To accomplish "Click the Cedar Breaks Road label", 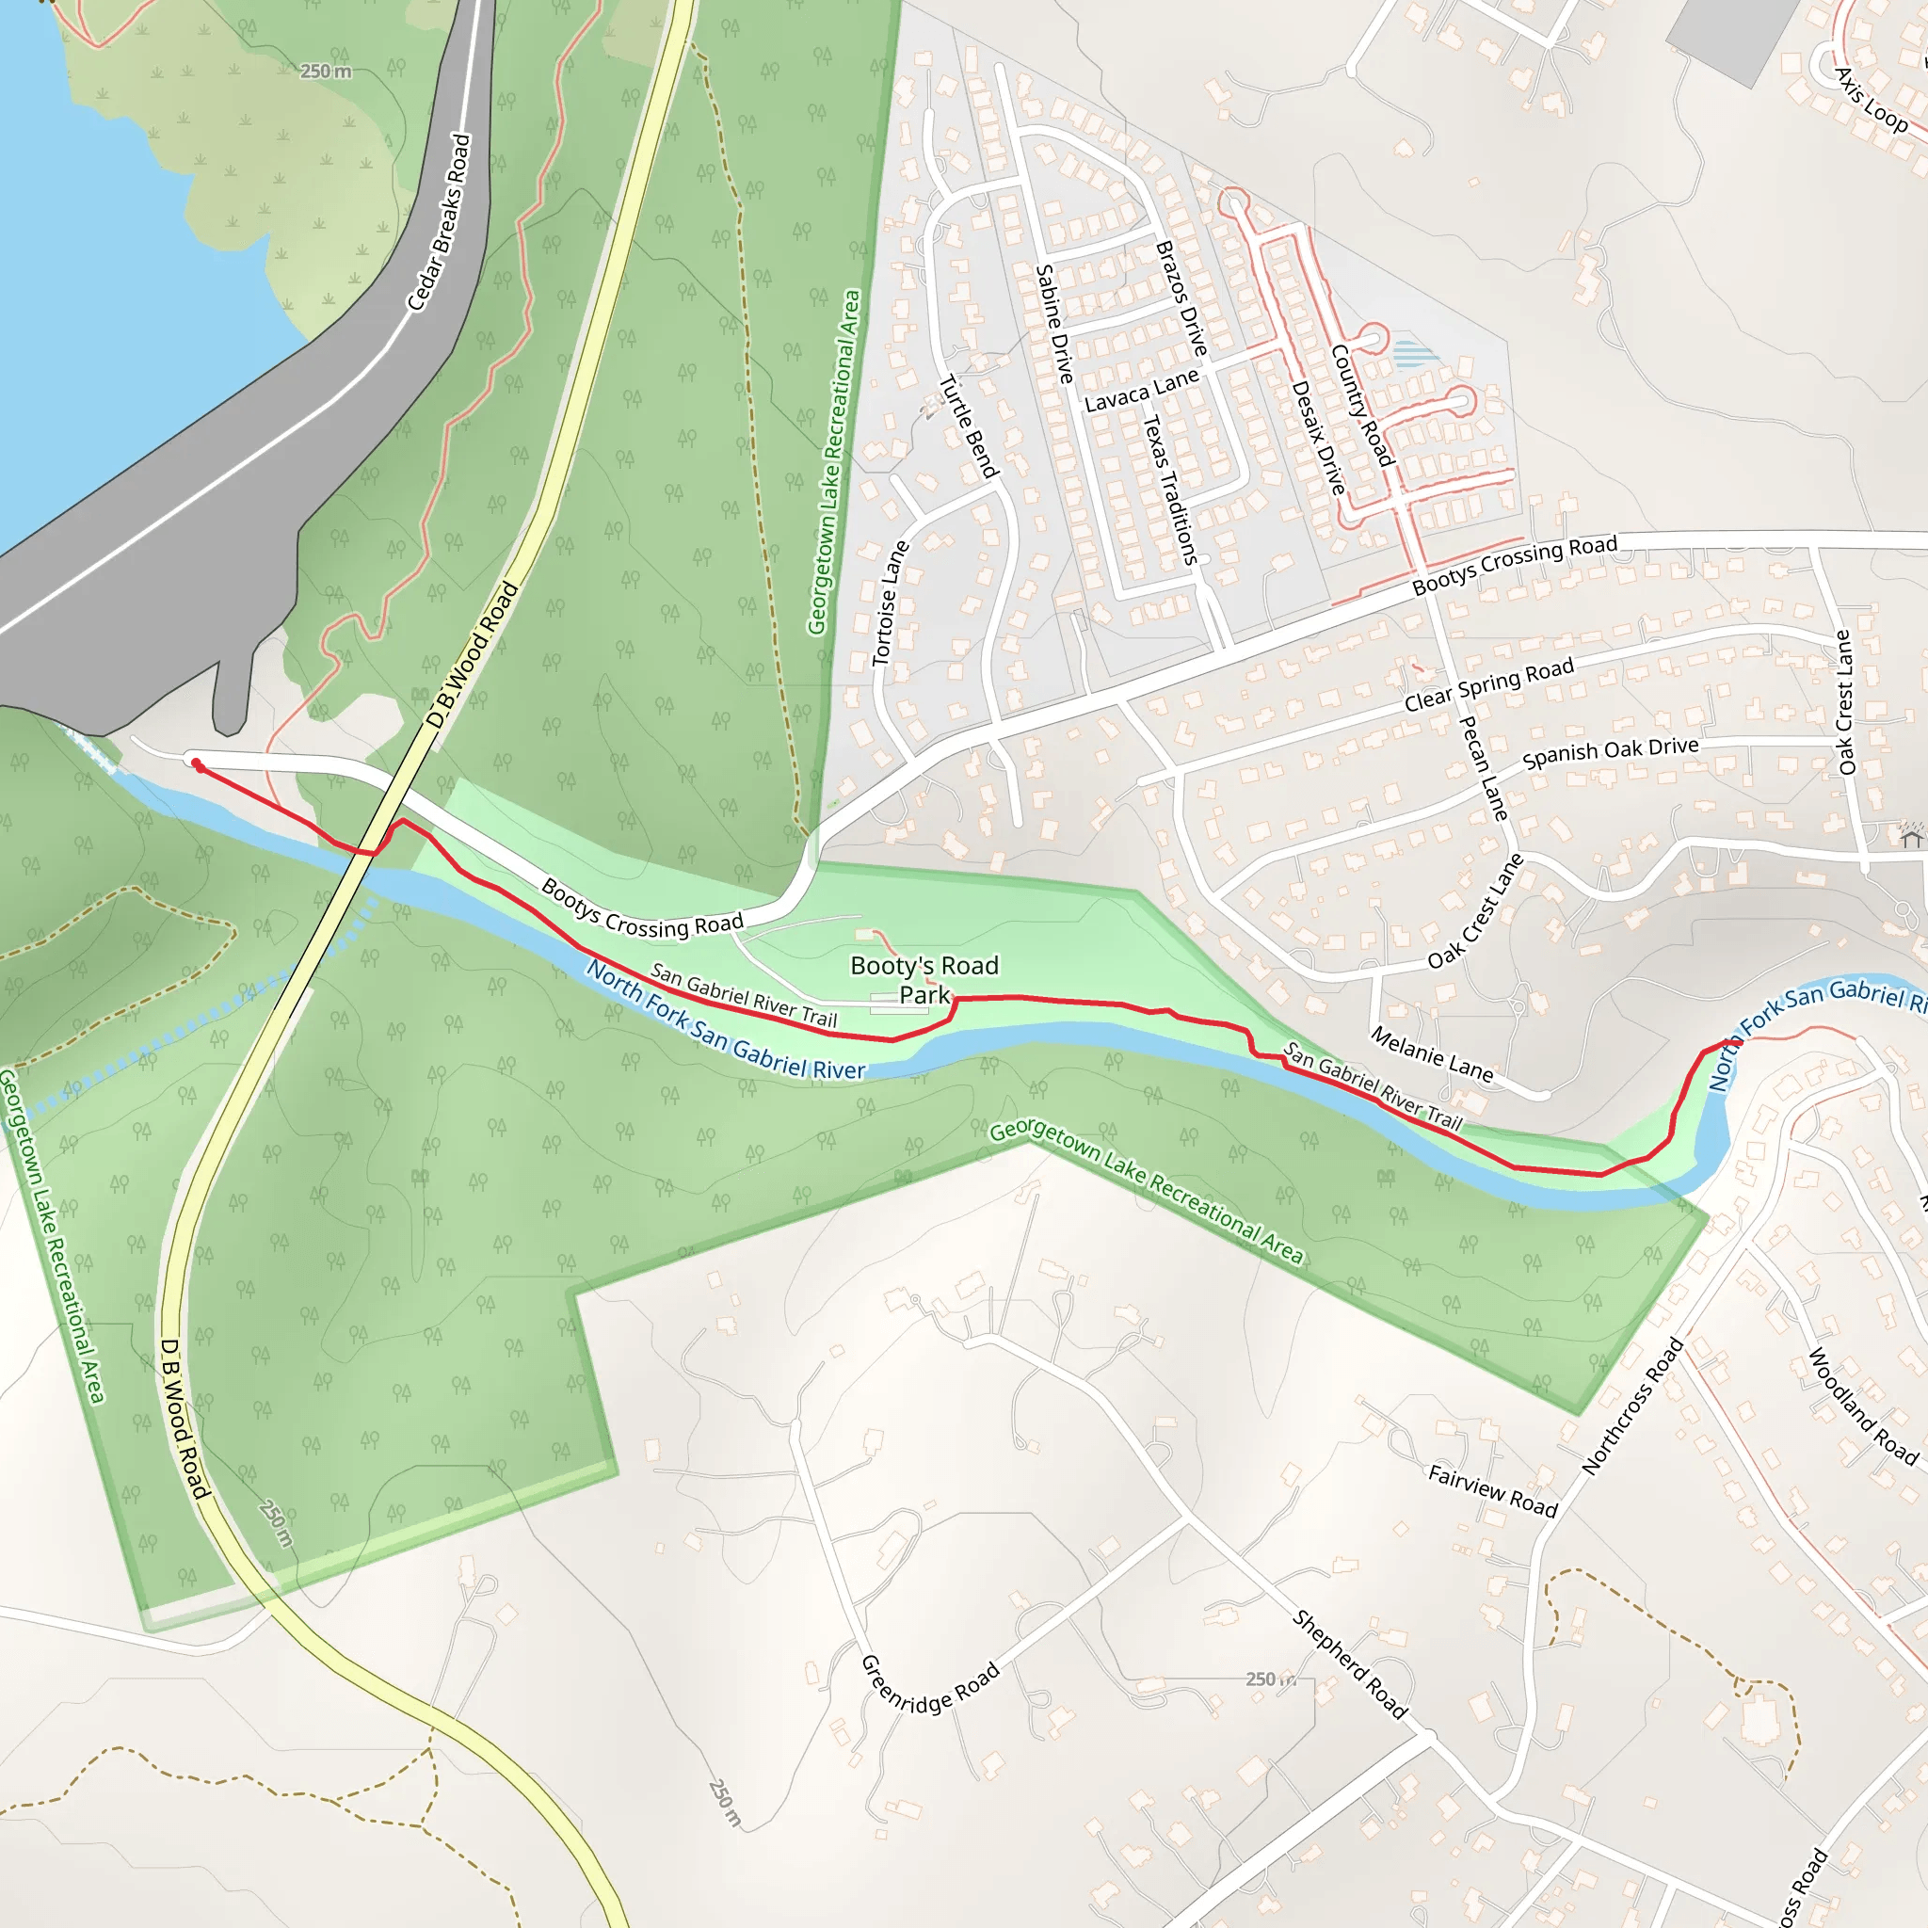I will (439, 222).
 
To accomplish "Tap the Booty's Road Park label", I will (924, 980).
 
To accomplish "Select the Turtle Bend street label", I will (968, 426).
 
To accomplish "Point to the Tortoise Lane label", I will (891, 602).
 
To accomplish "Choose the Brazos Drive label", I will (1181, 298).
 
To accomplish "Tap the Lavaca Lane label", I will (1142, 390).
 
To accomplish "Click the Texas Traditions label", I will (1169, 489).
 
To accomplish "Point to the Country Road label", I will (1361, 405).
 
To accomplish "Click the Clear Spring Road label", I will (1489, 684).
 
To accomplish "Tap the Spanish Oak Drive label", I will (1610, 752).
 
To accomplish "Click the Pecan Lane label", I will (1484, 768).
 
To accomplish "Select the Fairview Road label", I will (1493, 1490).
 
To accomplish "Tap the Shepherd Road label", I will (1350, 1663).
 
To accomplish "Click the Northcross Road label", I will (1632, 1406).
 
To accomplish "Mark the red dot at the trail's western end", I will (198, 765).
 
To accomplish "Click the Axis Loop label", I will (1872, 100).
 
